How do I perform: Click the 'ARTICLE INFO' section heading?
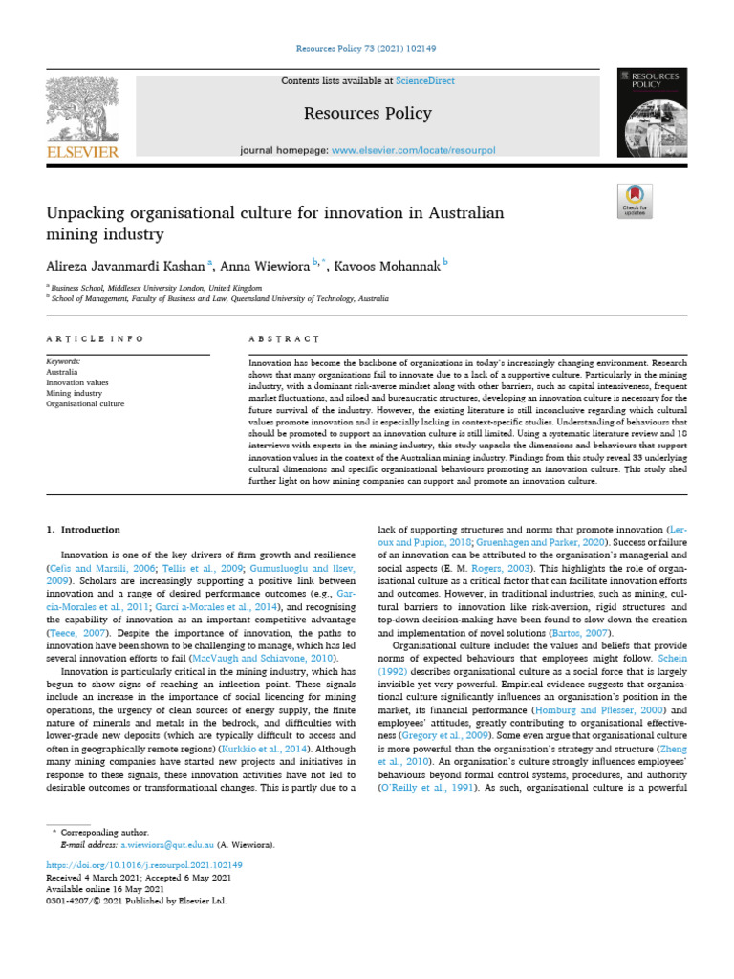click(x=96, y=339)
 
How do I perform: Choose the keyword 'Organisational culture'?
click(x=85, y=403)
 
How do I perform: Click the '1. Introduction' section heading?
click(x=84, y=530)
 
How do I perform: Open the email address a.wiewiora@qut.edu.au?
click(x=162, y=845)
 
